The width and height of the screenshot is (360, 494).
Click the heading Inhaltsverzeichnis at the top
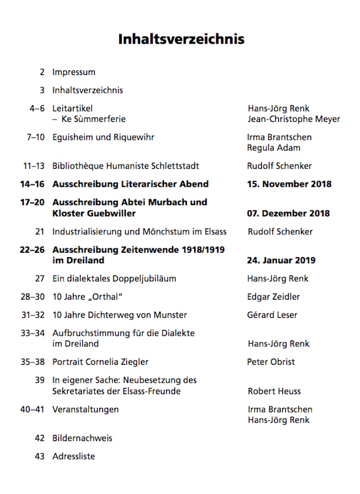(x=181, y=39)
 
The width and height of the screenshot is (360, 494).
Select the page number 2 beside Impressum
(x=42, y=72)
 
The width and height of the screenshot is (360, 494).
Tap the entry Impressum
(x=74, y=72)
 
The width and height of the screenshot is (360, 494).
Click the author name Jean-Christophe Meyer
(x=294, y=119)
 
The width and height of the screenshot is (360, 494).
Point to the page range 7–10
(x=36, y=137)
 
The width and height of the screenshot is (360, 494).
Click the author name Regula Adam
(x=273, y=148)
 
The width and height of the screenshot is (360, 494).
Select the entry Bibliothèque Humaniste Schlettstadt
(x=126, y=166)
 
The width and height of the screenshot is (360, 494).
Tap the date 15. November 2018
(x=289, y=184)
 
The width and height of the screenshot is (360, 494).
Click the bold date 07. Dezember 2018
(x=288, y=213)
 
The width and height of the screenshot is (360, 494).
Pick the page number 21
(x=40, y=232)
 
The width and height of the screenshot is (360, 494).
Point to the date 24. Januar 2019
(x=281, y=260)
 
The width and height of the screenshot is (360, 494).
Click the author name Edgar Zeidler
(x=273, y=297)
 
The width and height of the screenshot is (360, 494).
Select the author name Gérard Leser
(x=272, y=315)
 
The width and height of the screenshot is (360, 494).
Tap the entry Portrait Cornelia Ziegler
(x=100, y=362)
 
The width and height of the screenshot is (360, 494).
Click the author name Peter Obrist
(x=271, y=362)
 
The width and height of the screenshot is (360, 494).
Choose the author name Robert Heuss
(x=274, y=391)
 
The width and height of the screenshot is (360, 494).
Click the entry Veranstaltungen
(x=86, y=409)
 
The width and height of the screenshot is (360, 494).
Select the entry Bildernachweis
(x=82, y=438)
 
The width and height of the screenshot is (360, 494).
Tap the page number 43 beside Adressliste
(x=40, y=456)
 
